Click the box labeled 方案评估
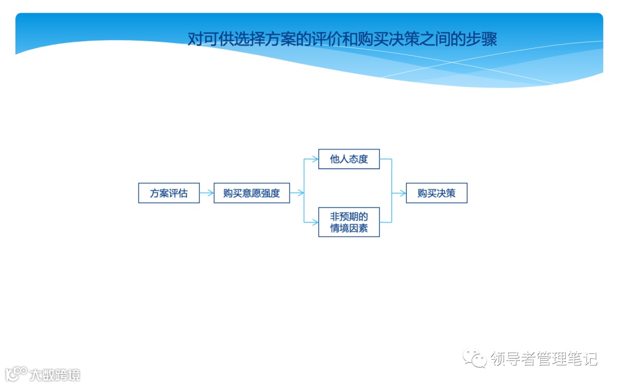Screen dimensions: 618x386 (x=169, y=193)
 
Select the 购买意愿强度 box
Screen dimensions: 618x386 (x=252, y=193)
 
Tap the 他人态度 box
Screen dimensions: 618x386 (x=349, y=159)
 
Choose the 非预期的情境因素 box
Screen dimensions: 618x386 (x=349, y=222)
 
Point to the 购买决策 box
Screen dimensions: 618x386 (x=437, y=193)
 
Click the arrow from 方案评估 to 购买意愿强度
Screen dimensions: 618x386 (x=207, y=193)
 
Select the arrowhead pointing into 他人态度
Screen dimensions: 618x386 (x=315, y=159)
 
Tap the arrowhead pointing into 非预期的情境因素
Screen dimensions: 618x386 (x=315, y=222)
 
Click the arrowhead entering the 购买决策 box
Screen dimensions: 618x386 (x=403, y=193)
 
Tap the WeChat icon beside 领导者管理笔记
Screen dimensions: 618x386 (x=475, y=359)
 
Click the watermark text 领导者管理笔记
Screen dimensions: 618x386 (x=544, y=359)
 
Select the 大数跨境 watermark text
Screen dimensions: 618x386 (x=55, y=375)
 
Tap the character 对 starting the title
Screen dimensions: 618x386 (x=195, y=39)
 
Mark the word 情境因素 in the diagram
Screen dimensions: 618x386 (x=349, y=229)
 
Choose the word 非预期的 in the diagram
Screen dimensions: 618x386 (x=349, y=217)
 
